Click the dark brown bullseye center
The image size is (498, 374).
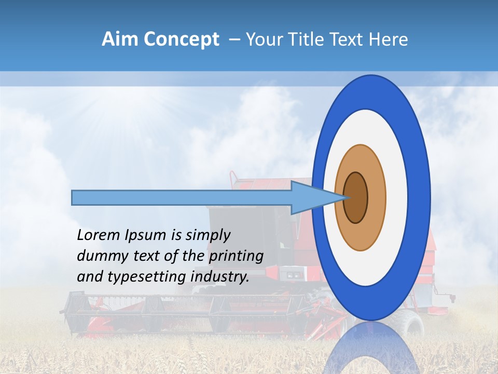point(355,198)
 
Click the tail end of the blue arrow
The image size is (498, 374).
point(73,198)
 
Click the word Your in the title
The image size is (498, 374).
point(262,39)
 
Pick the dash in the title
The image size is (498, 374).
point(234,39)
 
